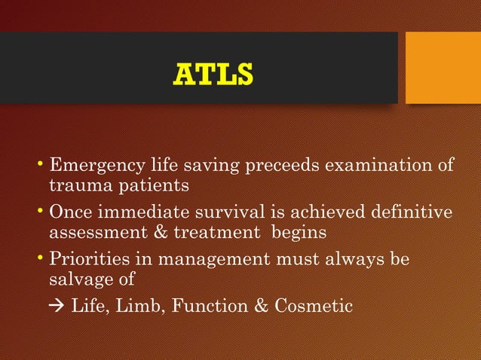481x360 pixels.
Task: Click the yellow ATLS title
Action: click(213, 75)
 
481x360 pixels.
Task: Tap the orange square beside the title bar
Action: click(443, 68)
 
